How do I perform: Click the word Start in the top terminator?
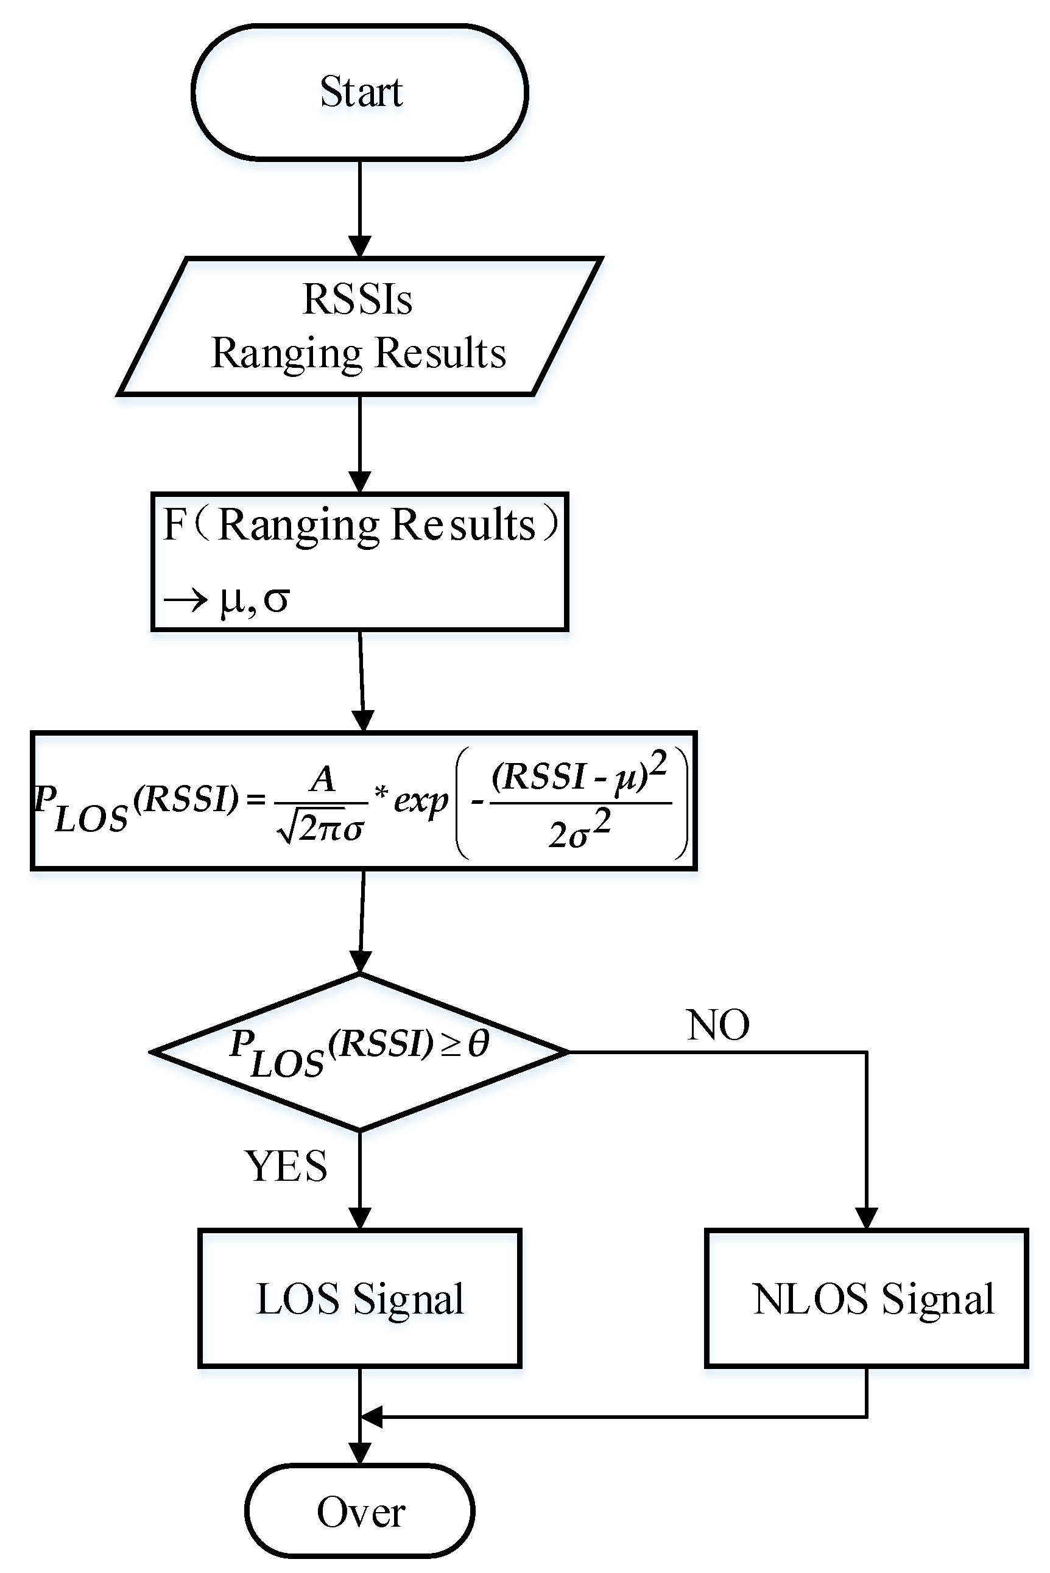coord(361,92)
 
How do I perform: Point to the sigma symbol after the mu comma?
coord(276,599)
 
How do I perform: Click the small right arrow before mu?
coord(186,599)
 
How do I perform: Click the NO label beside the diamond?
coord(718,1025)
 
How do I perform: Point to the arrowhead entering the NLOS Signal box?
coord(867,1218)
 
